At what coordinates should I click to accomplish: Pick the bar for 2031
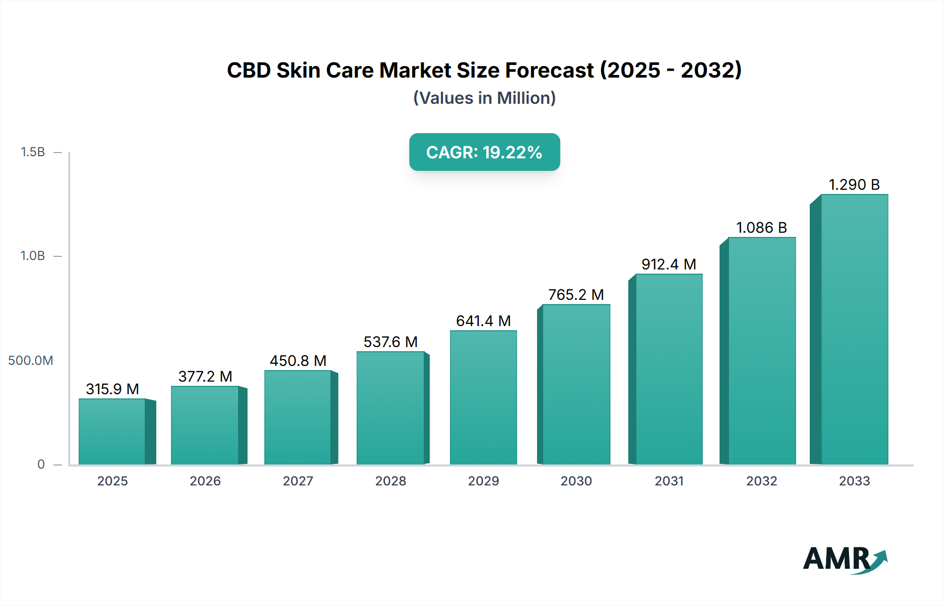coord(669,369)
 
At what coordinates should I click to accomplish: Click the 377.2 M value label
coord(205,376)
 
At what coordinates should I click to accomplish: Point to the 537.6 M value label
coord(391,342)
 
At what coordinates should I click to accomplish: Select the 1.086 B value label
coord(761,228)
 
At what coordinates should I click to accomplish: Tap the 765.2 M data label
coord(576,295)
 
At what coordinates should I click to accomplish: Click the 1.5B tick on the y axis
coord(33,152)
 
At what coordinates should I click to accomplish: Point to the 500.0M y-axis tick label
coord(30,361)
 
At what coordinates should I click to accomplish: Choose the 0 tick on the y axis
coord(41,464)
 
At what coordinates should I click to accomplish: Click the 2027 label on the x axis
coord(298,481)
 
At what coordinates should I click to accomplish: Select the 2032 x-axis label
coord(761,481)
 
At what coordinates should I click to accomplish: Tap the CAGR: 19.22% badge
coord(484,152)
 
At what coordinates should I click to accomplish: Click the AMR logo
coord(844,559)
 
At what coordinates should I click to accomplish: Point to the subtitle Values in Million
coord(484,98)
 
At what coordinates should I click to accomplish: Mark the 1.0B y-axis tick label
coord(33,256)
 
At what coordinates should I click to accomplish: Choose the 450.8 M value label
coord(298,361)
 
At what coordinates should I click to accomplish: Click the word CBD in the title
coord(249,70)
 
